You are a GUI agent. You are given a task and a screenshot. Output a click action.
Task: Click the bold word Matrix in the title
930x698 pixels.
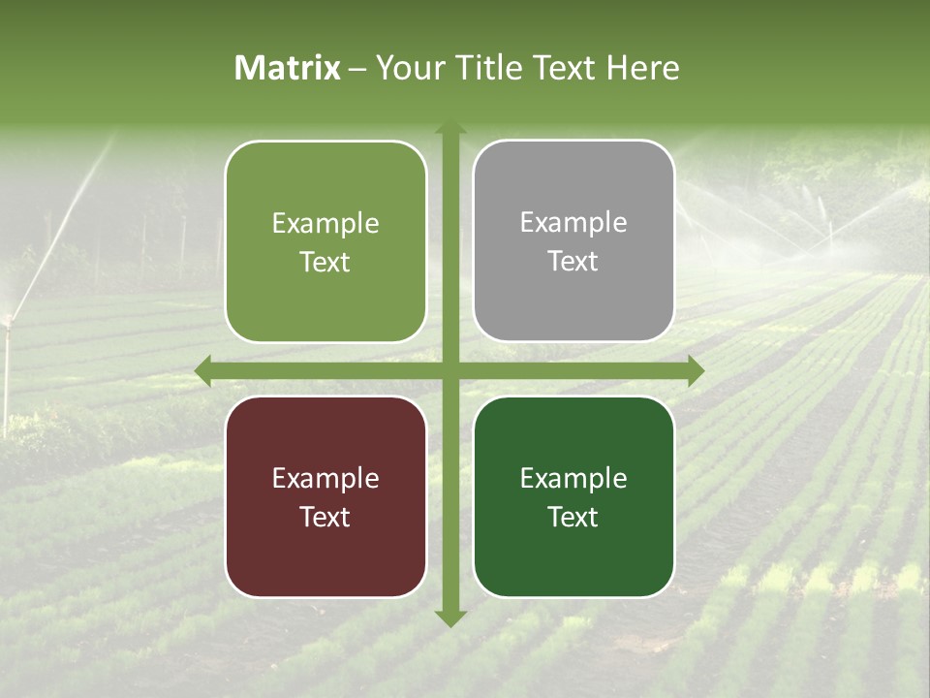pos(288,68)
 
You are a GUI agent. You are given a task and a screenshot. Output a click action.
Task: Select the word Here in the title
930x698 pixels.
pos(642,68)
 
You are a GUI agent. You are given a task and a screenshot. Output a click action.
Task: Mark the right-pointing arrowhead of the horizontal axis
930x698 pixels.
pos(695,370)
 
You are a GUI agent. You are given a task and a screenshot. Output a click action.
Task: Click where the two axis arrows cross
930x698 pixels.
pos(449,370)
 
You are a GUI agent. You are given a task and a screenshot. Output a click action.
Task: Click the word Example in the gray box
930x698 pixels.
pos(573,223)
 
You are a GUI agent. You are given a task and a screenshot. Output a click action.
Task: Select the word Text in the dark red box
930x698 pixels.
pos(325,517)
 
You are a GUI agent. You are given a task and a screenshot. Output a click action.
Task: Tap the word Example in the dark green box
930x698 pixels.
pos(573,478)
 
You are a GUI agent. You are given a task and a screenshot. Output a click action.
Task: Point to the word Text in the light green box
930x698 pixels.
pos(325,263)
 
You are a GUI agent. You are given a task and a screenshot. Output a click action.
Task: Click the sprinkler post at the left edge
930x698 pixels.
pos(8,368)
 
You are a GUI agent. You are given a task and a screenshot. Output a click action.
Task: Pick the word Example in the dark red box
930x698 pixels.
pos(325,478)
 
